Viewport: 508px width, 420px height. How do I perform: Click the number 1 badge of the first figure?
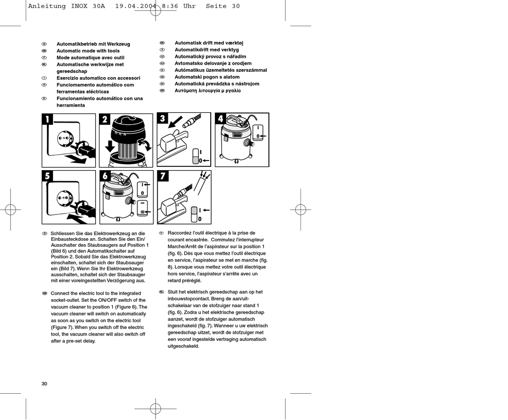(47, 119)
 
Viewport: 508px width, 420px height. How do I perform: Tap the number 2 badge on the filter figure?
(104, 119)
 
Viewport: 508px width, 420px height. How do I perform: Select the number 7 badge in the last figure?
(163, 176)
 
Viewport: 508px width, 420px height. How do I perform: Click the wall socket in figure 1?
(64, 139)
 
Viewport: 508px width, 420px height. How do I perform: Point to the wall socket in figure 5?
(64, 197)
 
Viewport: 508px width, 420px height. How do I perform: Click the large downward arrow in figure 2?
(110, 146)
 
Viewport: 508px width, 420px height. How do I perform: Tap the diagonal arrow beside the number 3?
(175, 122)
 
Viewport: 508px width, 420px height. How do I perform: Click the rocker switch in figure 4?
(258, 132)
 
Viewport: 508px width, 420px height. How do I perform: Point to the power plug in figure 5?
(85, 209)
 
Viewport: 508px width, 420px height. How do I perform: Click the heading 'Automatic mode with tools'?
(88, 51)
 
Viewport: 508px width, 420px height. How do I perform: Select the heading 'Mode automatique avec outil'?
(90, 58)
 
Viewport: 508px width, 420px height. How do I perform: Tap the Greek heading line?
(207, 91)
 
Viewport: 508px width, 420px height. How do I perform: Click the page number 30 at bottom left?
(44, 384)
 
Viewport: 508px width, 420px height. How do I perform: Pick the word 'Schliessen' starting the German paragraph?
(62, 233)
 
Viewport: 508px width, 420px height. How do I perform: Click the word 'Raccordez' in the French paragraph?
(179, 233)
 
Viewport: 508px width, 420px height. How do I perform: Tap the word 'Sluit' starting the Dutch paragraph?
(173, 292)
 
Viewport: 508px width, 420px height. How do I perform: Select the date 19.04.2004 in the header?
(136, 6)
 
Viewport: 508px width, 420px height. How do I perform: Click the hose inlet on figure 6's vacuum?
(131, 200)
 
